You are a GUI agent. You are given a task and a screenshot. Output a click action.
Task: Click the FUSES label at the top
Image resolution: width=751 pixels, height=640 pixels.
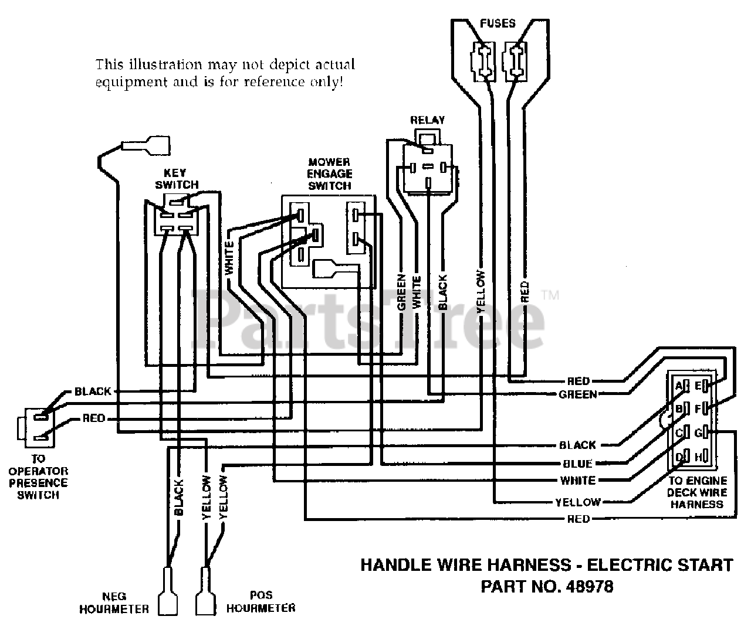coord(498,23)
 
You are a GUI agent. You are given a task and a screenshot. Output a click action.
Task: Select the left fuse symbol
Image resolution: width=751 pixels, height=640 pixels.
coord(483,62)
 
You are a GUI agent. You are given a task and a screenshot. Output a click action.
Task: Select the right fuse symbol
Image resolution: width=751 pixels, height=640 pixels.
coord(514,62)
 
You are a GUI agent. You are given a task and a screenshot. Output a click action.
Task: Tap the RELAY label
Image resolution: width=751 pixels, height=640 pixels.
coord(427,120)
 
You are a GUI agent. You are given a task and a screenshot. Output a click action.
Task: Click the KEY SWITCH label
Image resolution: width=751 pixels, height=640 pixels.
coord(177,179)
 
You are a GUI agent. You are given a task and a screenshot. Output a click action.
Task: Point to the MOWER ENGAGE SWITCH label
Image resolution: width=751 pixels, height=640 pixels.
coord(330,174)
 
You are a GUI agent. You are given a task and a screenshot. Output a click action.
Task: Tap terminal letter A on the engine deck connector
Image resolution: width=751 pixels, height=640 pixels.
coord(678,386)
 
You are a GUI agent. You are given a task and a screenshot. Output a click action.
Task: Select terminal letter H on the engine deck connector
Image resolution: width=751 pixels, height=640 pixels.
coord(699,457)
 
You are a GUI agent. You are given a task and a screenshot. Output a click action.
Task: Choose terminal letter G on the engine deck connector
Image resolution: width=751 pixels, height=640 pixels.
coord(699,433)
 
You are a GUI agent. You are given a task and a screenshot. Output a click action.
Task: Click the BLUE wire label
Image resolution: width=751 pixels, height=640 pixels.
coord(578,464)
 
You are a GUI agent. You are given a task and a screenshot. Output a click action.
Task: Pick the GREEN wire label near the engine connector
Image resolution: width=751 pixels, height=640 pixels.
coord(578,394)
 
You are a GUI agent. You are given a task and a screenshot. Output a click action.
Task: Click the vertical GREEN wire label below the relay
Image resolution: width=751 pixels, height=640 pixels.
coord(401,292)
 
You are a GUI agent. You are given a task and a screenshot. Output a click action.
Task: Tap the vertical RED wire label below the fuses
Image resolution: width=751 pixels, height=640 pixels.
coord(525,292)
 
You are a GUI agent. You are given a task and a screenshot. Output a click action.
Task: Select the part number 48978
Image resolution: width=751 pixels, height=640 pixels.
coord(589,587)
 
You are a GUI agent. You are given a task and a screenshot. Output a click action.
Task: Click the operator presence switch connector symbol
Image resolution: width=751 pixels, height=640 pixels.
coord(36,428)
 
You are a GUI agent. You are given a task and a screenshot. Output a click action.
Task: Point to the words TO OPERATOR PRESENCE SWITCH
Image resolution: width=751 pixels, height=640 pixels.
coord(38,477)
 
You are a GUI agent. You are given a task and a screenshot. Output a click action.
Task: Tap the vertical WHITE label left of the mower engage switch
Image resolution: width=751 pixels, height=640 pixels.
coord(229,258)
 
